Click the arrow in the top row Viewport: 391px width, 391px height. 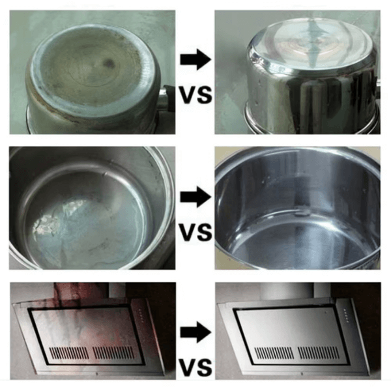click(x=195, y=60)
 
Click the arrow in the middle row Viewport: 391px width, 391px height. click(x=195, y=197)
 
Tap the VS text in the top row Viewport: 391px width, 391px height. click(x=196, y=95)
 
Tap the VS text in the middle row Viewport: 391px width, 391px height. click(x=196, y=232)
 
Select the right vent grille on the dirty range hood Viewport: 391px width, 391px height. click(x=113, y=353)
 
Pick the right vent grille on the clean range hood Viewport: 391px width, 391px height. click(x=319, y=353)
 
